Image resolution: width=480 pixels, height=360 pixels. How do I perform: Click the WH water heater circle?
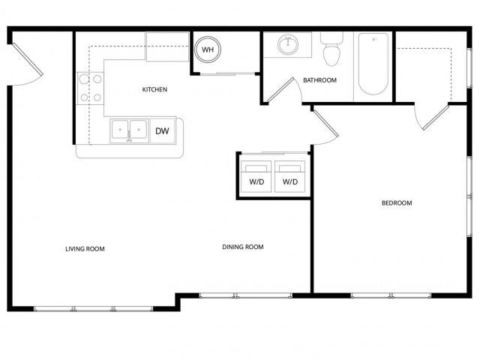click(206, 51)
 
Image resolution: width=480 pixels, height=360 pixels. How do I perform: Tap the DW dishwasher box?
click(162, 130)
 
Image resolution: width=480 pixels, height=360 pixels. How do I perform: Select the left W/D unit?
click(255, 176)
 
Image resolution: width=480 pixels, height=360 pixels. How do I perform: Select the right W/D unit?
click(289, 176)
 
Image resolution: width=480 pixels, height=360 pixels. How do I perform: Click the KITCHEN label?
click(154, 90)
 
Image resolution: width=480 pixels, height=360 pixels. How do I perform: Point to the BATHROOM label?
click(319, 80)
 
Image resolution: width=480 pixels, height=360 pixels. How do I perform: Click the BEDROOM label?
click(397, 203)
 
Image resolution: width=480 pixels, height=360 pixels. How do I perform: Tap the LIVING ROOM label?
click(85, 248)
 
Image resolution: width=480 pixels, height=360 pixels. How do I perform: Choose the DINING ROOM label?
click(242, 247)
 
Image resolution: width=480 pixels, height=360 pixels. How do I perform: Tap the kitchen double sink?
click(129, 130)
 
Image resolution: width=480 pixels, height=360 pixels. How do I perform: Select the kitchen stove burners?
click(90, 87)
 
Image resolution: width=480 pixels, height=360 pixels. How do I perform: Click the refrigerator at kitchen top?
click(167, 46)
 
